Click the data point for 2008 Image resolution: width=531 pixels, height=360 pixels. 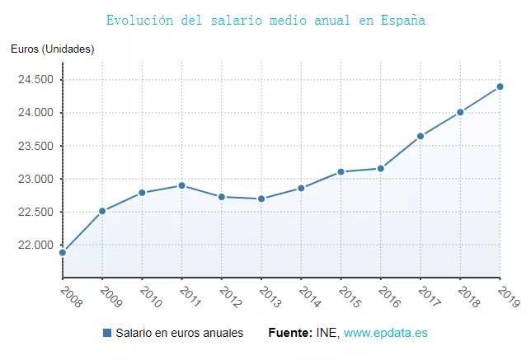[x=63, y=252]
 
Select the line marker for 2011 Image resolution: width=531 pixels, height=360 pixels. [x=181, y=185]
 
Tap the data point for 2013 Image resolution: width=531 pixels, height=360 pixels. [x=261, y=199]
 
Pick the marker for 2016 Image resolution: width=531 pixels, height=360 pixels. [x=381, y=168]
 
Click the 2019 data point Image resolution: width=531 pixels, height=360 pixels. [x=500, y=86]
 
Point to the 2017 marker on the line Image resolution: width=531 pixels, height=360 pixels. [x=421, y=136]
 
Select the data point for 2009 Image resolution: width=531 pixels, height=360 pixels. [x=102, y=211]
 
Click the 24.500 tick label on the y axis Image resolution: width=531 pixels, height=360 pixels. [x=35, y=80]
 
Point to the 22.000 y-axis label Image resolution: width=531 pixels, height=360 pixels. [x=35, y=245]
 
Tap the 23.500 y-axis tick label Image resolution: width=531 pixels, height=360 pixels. [x=35, y=146]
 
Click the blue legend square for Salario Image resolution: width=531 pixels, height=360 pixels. [x=107, y=333]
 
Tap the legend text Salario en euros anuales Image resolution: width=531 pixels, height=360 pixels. [x=179, y=333]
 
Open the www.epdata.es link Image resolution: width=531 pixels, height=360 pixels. [x=386, y=333]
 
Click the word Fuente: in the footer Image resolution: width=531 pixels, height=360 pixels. [x=290, y=333]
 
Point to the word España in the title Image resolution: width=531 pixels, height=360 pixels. [x=403, y=19]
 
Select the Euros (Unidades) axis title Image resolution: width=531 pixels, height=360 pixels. [x=53, y=49]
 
